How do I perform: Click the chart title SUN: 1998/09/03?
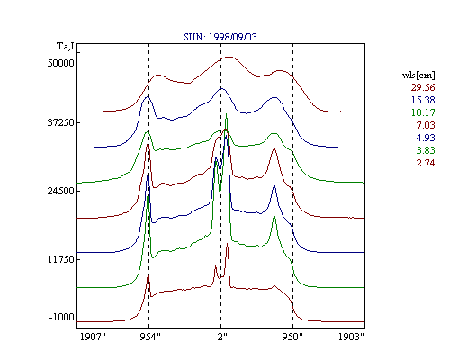click(x=220, y=37)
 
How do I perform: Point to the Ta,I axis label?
click(x=65, y=46)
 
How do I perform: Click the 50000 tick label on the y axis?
click(x=60, y=63)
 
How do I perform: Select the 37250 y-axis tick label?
click(x=60, y=122)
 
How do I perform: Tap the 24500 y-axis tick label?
click(x=60, y=191)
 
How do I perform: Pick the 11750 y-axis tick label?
click(x=61, y=259)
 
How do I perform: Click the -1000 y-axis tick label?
click(x=61, y=317)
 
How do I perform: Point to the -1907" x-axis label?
click(x=91, y=337)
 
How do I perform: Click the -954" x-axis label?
click(x=148, y=337)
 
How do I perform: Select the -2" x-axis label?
click(x=220, y=337)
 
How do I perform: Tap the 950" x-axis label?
click(x=292, y=337)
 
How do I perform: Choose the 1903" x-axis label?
click(x=351, y=337)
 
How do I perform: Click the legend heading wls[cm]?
click(x=418, y=75)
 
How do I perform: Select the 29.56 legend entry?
click(x=423, y=87)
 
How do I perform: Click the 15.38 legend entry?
click(x=423, y=100)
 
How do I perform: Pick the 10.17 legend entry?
click(x=423, y=112)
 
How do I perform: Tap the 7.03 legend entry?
click(x=426, y=125)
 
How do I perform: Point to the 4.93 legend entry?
click(x=426, y=138)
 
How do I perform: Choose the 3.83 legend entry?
click(x=426, y=150)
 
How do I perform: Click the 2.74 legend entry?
click(x=426, y=163)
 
